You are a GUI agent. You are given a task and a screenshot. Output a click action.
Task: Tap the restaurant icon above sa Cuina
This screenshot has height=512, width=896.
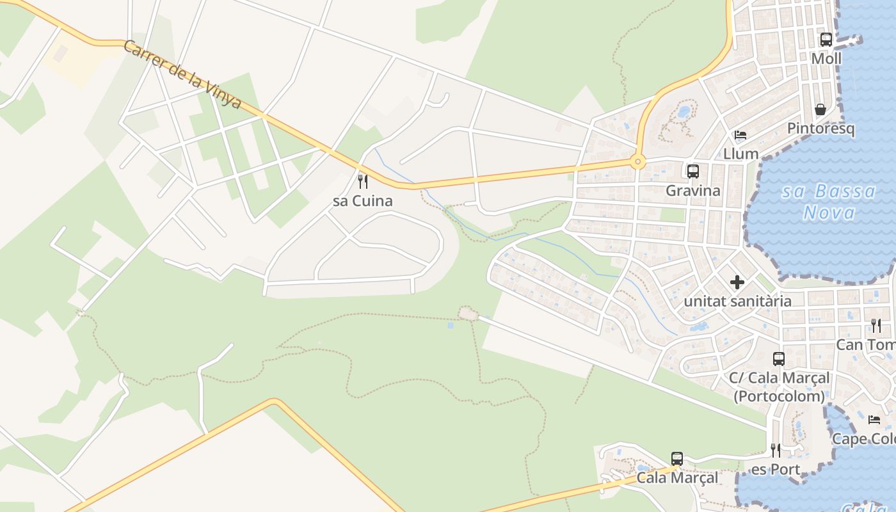tap(362, 181)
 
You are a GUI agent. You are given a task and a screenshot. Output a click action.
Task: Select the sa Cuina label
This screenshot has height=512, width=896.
tap(362, 201)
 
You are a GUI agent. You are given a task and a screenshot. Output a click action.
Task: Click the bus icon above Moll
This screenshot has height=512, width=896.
tap(826, 40)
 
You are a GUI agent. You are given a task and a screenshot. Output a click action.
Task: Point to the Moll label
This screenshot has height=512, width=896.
tap(826, 59)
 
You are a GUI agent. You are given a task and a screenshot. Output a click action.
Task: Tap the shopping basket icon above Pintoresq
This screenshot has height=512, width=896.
tap(820, 109)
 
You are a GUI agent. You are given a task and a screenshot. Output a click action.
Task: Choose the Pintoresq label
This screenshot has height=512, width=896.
tap(820, 128)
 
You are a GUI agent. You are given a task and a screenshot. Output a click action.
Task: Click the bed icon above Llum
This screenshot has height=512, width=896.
tap(740, 135)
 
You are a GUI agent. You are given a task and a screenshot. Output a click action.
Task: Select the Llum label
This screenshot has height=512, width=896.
tap(740, 154)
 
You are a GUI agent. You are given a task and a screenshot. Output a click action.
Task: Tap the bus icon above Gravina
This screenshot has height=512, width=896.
tap(692, 171)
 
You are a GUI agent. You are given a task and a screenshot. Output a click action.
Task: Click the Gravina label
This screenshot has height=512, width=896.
tap(692, 190)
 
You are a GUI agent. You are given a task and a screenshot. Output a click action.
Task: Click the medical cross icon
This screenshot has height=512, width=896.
tap(737, 282)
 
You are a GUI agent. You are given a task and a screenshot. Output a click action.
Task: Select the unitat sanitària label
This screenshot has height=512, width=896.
tap(737, 301)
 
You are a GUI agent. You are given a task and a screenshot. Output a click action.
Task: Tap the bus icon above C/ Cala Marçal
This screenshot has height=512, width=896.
tap(778, 359)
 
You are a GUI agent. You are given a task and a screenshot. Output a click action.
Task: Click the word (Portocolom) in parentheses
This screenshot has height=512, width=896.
tap(779, 396)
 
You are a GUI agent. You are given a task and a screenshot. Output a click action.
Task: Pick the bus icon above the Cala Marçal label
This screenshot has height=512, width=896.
tap(677, 458)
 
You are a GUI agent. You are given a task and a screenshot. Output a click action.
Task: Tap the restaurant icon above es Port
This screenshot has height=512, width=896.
tap(775, 451)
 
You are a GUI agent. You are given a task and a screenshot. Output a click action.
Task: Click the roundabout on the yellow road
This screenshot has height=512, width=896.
tap(637, 161)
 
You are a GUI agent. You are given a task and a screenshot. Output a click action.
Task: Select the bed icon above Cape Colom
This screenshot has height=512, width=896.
tap(874, 420)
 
